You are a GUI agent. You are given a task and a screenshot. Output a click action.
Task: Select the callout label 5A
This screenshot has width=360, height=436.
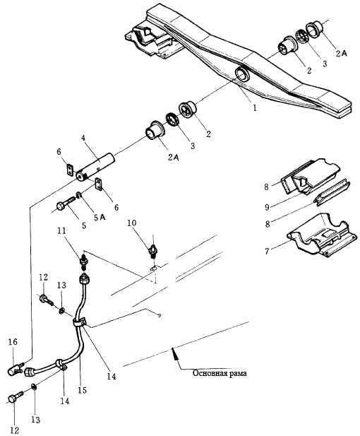[x=99, y=218]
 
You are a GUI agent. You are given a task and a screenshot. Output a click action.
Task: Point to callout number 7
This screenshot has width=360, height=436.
[x=267, y=252]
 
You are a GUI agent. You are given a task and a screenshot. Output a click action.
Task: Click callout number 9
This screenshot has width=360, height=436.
[x=267, y=206]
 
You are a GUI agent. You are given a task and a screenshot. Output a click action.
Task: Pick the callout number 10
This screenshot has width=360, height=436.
[x=132, y=223]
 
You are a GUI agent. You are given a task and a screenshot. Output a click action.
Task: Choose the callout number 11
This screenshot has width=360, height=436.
[x=63, y=230]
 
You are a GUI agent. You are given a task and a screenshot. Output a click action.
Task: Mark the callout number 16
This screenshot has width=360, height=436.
[x=13, y=341]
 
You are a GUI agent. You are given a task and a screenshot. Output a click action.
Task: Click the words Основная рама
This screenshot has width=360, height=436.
[x=220, y=373]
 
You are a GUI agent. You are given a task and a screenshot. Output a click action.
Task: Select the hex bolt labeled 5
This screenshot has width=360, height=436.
[x=66, y=204]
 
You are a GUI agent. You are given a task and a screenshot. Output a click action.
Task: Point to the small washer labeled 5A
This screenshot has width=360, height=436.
[x=78, y=196]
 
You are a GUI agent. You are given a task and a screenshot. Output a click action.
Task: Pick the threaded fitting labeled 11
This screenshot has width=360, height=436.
[x=83, y=261]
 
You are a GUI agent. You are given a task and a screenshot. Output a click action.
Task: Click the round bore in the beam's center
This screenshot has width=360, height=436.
[x=242, y=74]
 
